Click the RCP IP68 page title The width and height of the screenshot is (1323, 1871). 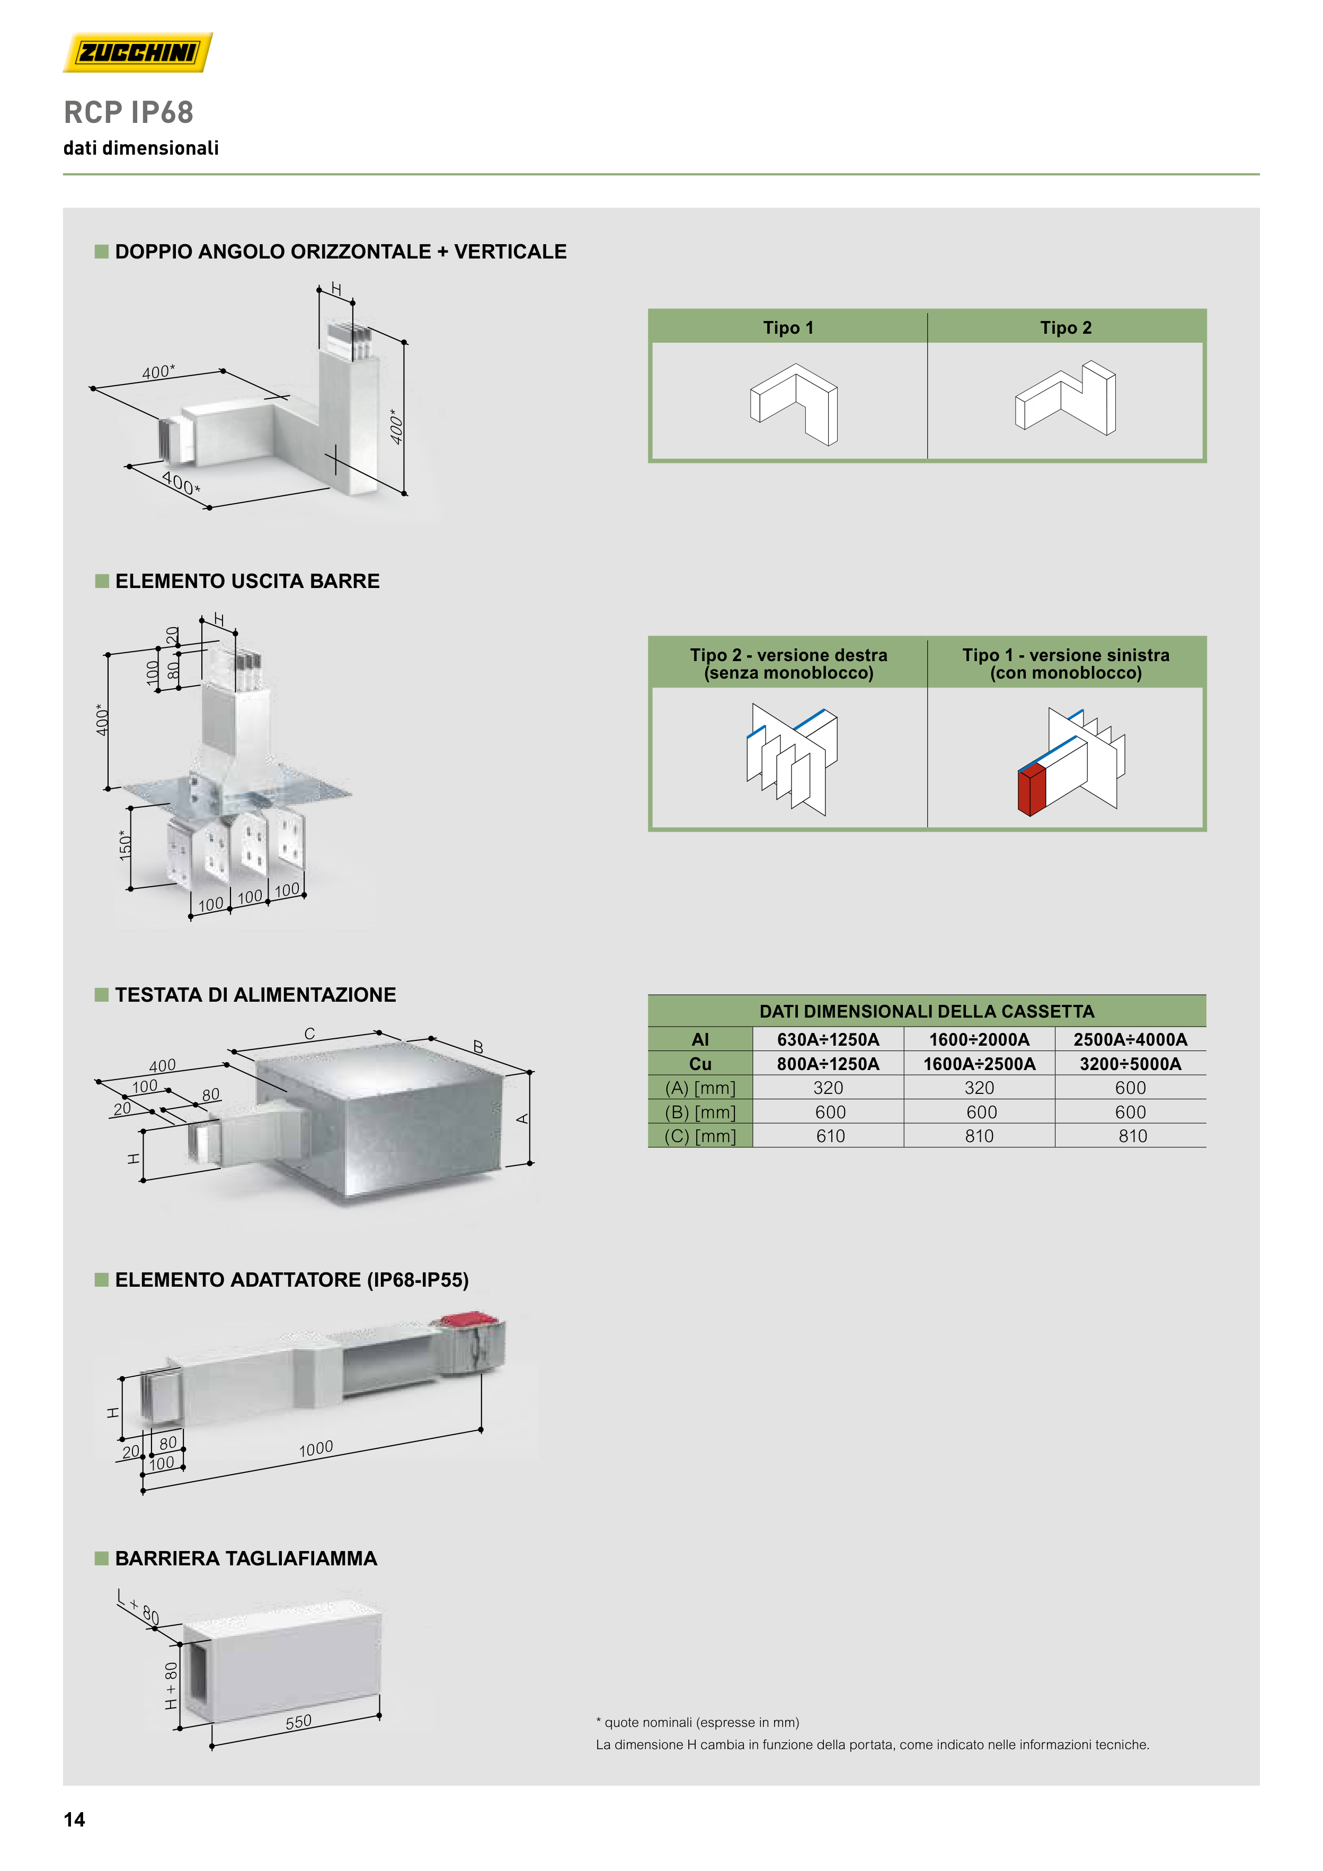[x=129, y=112]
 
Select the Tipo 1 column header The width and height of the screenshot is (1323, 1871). [x=788, y=327]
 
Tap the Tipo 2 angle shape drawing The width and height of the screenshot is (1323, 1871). [x=1065, y=398]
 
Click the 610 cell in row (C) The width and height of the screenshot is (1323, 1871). [x=831, y=1136]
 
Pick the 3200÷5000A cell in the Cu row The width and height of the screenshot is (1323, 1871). [x=1131, y=1064]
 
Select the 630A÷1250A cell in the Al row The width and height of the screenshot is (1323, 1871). [x=828, y=1039]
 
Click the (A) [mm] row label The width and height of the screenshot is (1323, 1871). [x=700, y=1088]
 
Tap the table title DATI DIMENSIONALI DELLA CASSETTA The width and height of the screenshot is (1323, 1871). [x=927, y=1011]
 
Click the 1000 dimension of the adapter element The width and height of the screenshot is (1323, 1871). [x=316, y=1448]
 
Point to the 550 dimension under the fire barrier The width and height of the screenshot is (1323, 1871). [x=298, y=1722]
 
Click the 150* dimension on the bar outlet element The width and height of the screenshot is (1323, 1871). [x=125, y=845]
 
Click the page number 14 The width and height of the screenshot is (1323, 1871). [x=74, y=1820]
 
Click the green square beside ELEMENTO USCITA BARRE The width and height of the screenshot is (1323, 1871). [x=102, y=581]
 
